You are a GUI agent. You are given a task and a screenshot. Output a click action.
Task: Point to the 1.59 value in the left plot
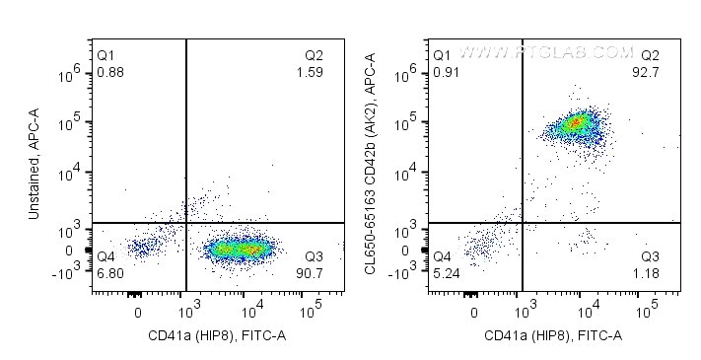(309, 73)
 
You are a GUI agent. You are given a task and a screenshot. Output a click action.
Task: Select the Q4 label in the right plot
(444, 259)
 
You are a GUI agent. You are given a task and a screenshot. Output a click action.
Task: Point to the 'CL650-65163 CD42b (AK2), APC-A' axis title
(371, 166)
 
